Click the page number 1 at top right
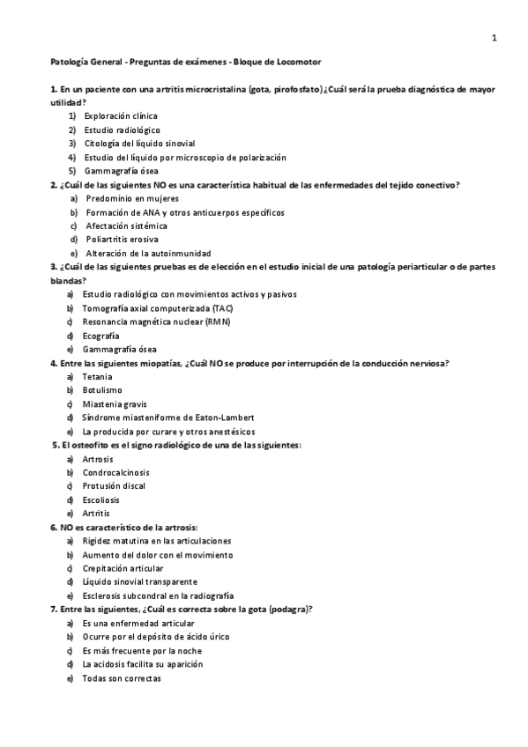click(495, 38)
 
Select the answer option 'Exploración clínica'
click(119, 116)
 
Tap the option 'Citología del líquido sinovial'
click(139, 144)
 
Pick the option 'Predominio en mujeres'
click(132, 198)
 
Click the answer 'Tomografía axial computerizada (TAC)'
click(158, 308)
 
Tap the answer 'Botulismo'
click(102, 390)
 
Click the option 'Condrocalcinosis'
click(115, 472)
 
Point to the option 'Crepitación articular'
click(123, 568)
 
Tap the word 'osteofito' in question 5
click(85, 445)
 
